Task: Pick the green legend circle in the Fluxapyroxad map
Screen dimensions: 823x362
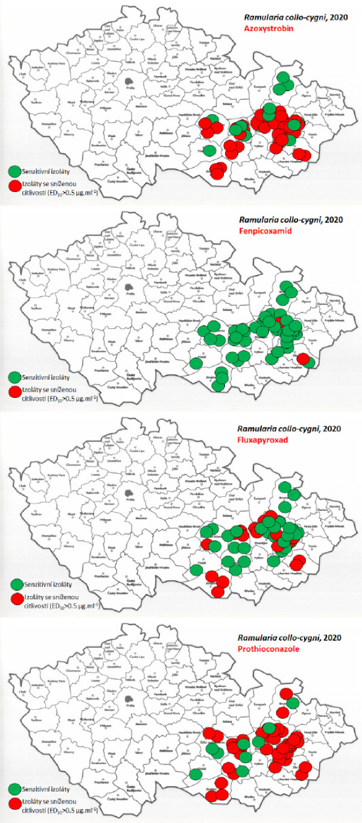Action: tap(16, 584)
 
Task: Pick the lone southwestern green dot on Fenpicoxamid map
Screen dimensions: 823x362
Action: tap(195, 363)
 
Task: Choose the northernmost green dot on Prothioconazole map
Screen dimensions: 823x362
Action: tap(292, 703)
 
